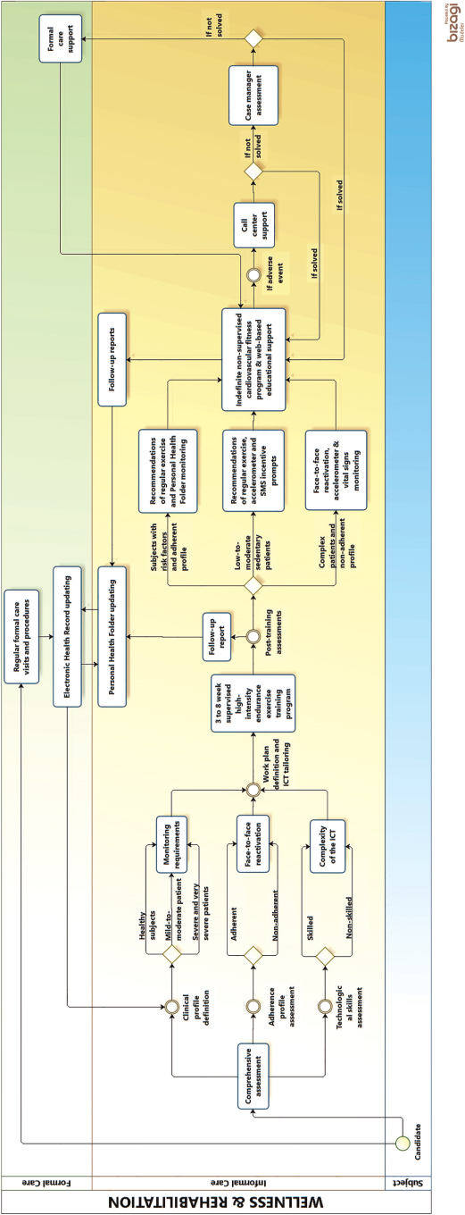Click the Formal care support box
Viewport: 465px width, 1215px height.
click(60, 37)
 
